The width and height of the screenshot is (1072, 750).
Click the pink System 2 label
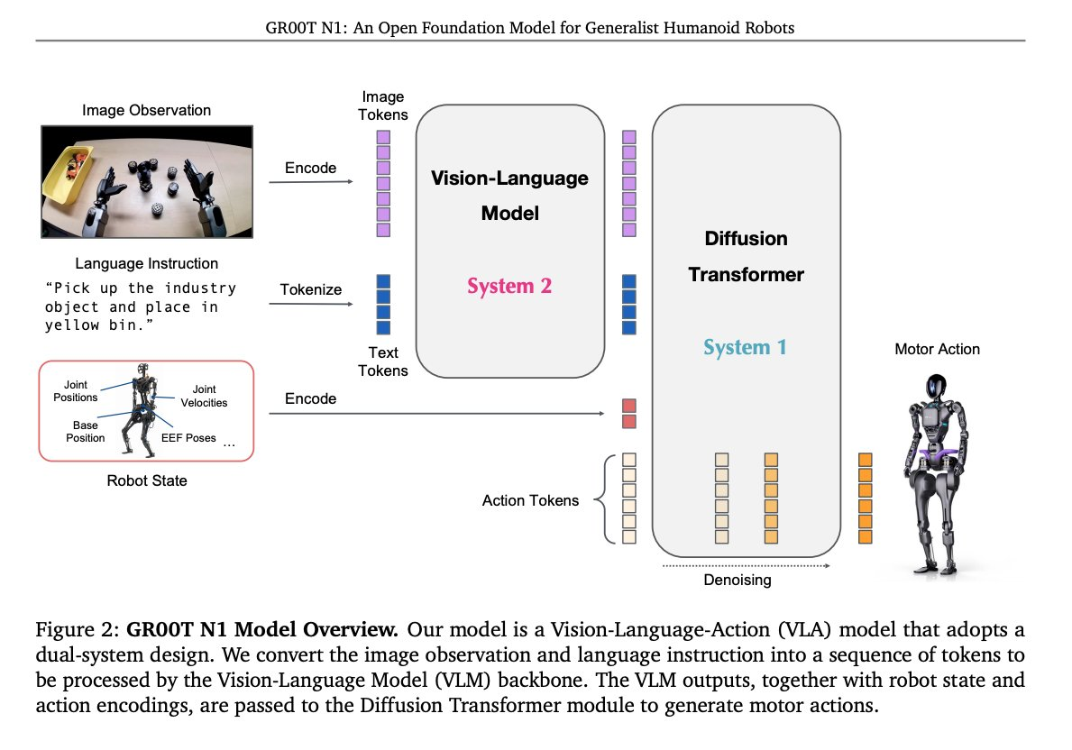[509, 287]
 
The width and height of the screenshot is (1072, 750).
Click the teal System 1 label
[746, 347]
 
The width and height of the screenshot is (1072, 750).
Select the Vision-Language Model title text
[509, 195]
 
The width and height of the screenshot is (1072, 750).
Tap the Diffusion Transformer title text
[746, 256]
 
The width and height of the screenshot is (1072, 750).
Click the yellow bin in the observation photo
[67, 175]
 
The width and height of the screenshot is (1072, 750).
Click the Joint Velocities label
[210, 396]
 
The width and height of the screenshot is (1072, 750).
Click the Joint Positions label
[75, 390]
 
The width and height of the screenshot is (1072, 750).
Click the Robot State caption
[147, 480]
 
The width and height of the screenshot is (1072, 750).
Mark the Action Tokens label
[530, 500]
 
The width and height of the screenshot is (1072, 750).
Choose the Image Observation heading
[146, 110]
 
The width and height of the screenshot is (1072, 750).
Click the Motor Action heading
[937, 349]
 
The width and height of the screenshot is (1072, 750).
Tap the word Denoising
[737, 581]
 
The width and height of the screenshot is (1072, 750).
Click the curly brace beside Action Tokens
[607, 500]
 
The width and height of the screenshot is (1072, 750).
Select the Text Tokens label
[384, 361]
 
